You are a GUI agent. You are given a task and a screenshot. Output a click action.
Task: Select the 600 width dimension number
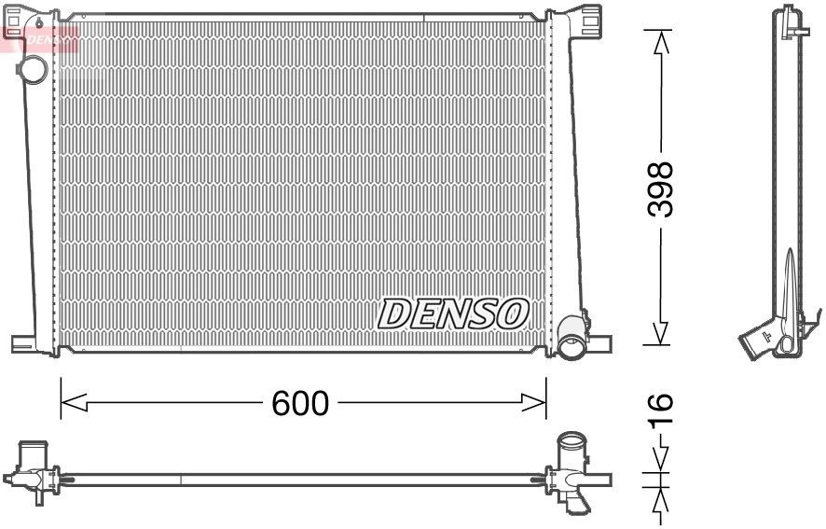click(x=300, y=403)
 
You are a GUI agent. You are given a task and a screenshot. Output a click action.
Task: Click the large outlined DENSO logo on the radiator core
click(x=454, y=313)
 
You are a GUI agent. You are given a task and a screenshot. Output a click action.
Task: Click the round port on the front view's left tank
click(x=34, y=69)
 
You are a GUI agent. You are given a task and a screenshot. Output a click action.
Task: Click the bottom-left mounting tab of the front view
click(x=24, y=343)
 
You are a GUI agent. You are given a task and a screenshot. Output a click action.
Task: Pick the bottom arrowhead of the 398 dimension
click(x=660, y=333)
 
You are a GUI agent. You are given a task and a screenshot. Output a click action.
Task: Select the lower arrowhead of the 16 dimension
click(x=660, y=498)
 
